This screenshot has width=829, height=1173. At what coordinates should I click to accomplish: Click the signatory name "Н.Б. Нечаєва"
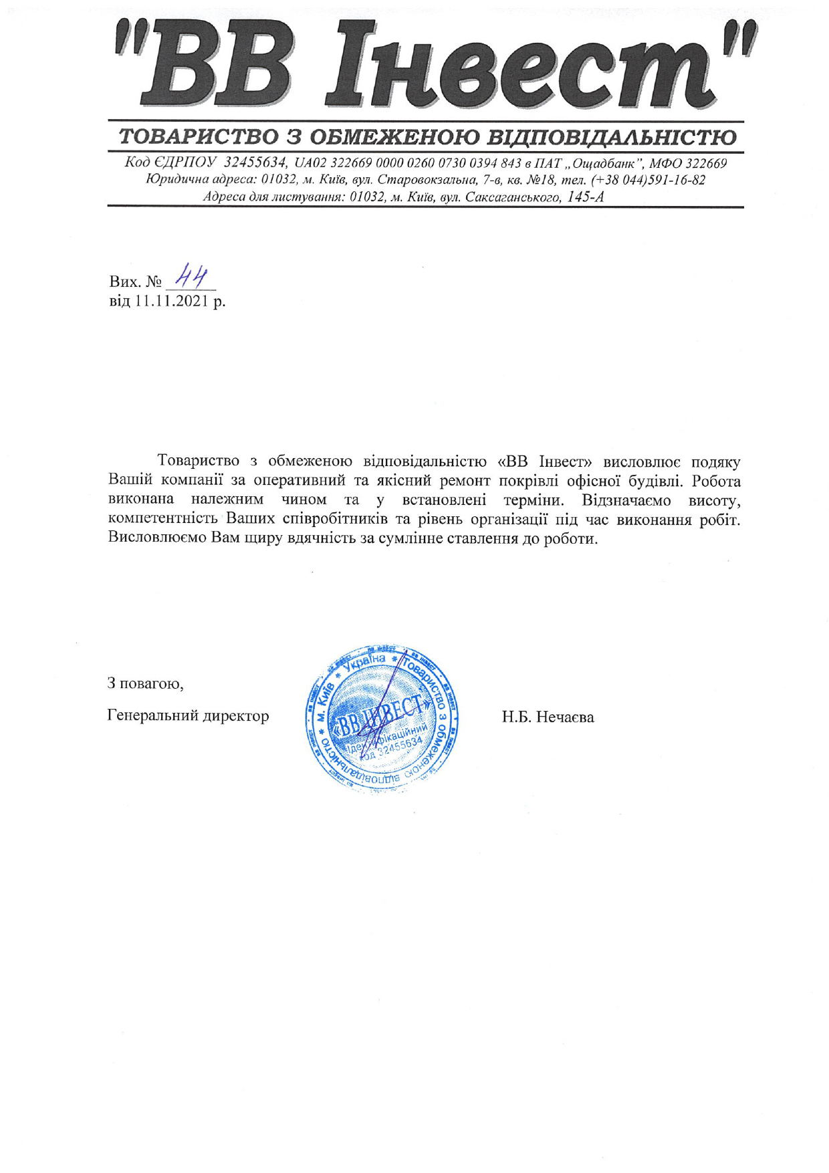548,717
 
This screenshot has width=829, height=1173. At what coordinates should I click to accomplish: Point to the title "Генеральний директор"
188,716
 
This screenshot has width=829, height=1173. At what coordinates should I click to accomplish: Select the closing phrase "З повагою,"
145,683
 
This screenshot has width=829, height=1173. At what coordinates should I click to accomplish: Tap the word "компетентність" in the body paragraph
164,519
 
